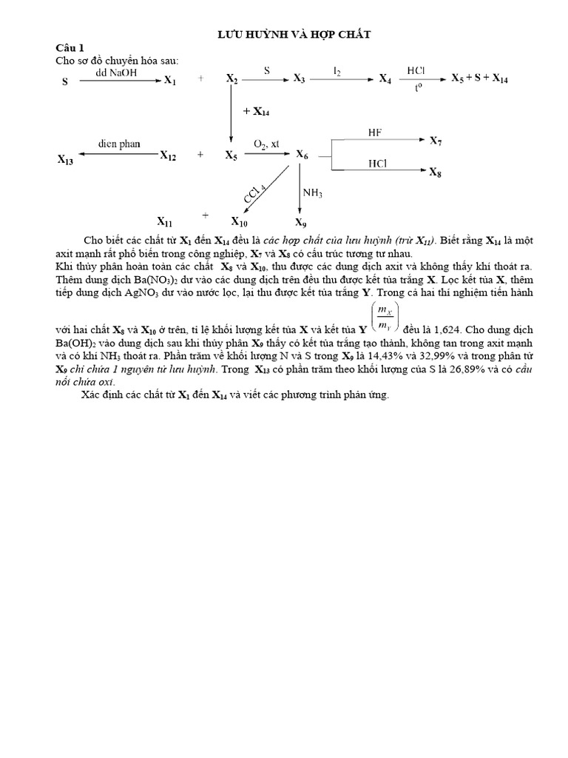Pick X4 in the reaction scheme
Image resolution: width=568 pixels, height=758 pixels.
385,78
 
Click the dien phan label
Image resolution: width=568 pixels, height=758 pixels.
119,144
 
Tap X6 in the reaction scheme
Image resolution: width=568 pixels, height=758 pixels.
302,155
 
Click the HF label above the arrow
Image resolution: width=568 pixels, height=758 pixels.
374,133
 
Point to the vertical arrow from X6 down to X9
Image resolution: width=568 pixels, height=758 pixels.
299,189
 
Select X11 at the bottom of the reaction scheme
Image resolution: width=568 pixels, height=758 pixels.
165,221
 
